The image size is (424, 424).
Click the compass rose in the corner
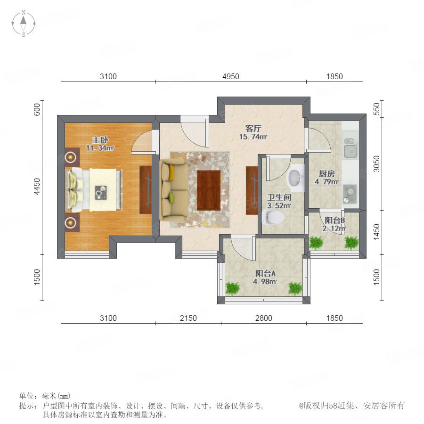(x=24, y=23)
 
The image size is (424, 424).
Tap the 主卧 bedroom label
(x=100, y=140)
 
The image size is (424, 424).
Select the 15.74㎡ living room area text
(x=253, y=137)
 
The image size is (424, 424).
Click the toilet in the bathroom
(x=273, y=218)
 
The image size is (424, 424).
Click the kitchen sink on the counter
(x=351, y=148)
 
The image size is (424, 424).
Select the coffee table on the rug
(x=209, y=190)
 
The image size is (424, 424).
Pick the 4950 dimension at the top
(x=231, y=76)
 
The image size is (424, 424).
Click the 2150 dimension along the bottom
(x=188, y=318)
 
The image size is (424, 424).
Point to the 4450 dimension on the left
(x=37, y=186)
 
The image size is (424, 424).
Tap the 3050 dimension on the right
(x=377, y=164)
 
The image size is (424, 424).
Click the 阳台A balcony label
(x=265, y=273)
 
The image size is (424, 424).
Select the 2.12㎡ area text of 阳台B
(x=334, y=228)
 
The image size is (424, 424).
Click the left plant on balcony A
(x=233, y=288)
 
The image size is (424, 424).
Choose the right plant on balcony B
(x=351, y=243)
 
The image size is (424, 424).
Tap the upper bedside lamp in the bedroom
(x=71, y=157)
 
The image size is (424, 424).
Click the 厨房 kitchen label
(x=327, y=173)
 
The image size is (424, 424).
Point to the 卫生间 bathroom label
(x=279, y=197)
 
